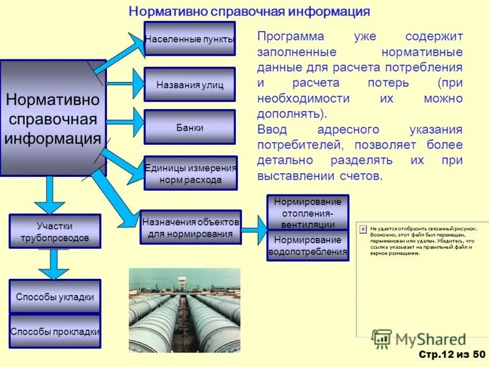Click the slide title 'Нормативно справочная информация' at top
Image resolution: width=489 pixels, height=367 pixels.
point(249,12)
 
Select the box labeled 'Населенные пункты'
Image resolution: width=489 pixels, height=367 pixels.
point(189,39)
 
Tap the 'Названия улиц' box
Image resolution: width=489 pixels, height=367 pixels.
point(189,84)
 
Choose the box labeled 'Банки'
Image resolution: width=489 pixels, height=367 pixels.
point(189,127)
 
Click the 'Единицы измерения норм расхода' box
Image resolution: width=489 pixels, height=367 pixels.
point(190,174)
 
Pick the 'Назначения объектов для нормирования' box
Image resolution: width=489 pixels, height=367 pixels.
point(190,227)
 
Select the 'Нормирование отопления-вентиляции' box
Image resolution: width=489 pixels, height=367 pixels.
point(308,212)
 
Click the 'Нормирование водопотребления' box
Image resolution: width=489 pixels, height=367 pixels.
point(308,245)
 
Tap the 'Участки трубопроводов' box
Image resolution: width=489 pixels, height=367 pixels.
point(54,231)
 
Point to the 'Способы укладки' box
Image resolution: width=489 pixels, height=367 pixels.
point(54,297)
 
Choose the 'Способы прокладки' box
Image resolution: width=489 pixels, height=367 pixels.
point(54,332)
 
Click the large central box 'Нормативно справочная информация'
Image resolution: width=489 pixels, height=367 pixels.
point(53,118)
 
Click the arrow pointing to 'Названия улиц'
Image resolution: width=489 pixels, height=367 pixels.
point(125,83)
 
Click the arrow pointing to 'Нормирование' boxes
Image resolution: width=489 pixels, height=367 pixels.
point(254,229)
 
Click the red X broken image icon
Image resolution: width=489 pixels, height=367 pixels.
point(362,228)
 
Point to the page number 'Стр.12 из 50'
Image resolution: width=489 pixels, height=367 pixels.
point(452,355)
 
